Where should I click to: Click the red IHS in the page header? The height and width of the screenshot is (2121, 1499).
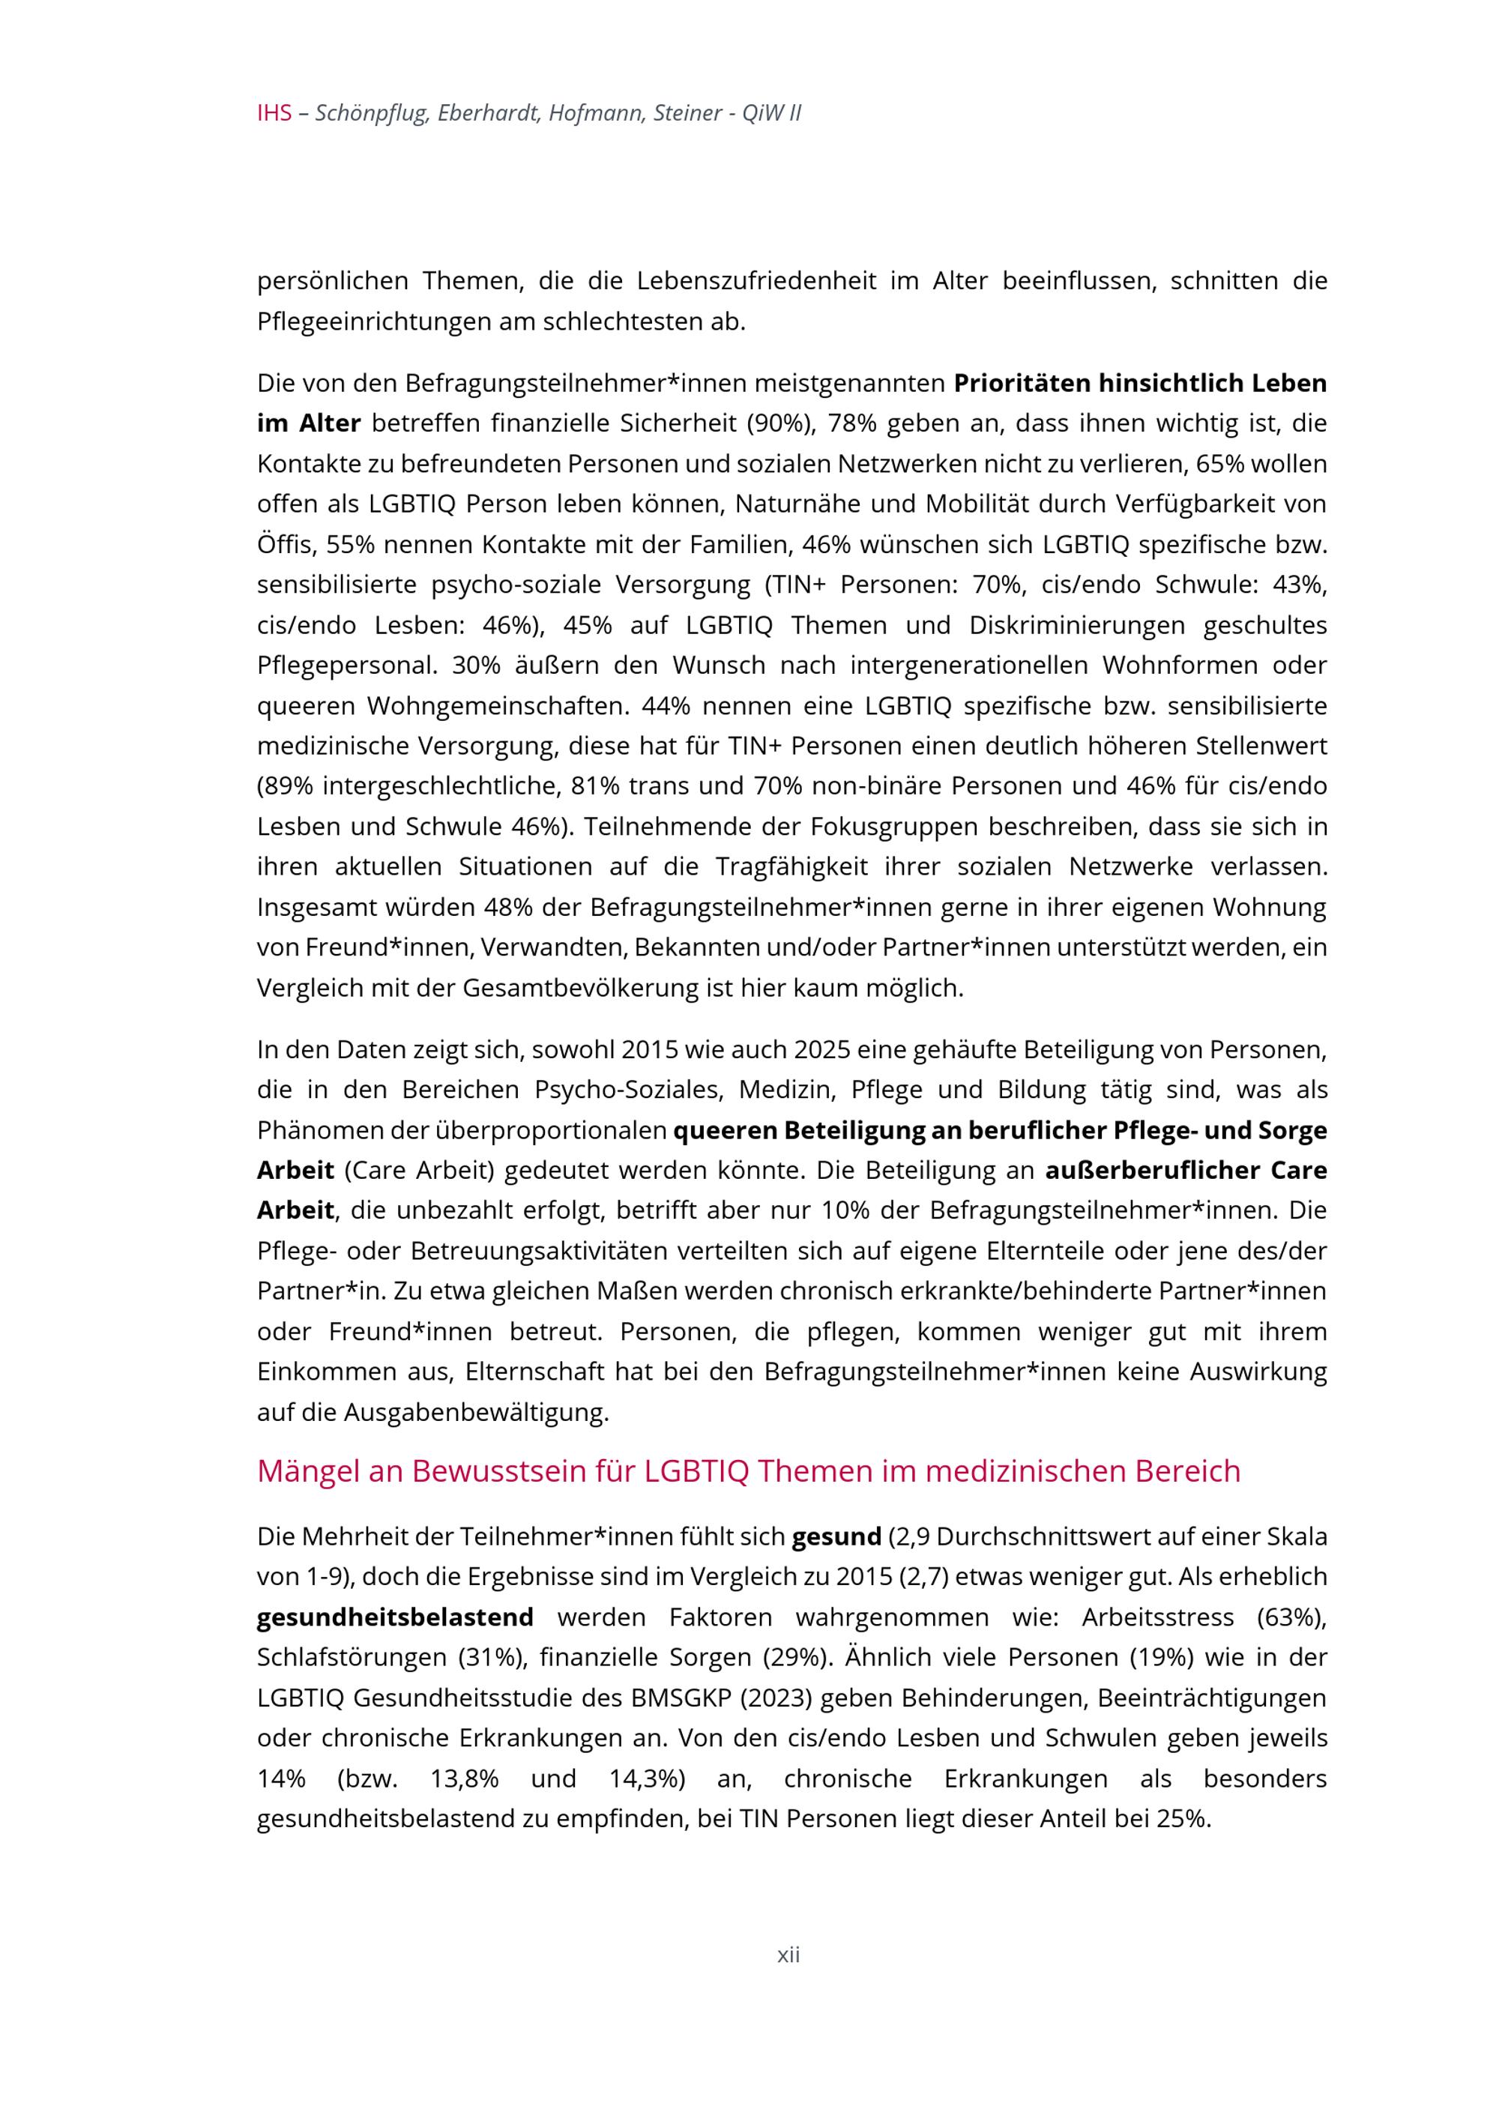click(x=274, y=114)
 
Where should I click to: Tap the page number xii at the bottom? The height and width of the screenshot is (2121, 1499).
click(x=788, y=1955)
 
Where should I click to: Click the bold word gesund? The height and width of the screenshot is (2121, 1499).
click(x=836, y=1537)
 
